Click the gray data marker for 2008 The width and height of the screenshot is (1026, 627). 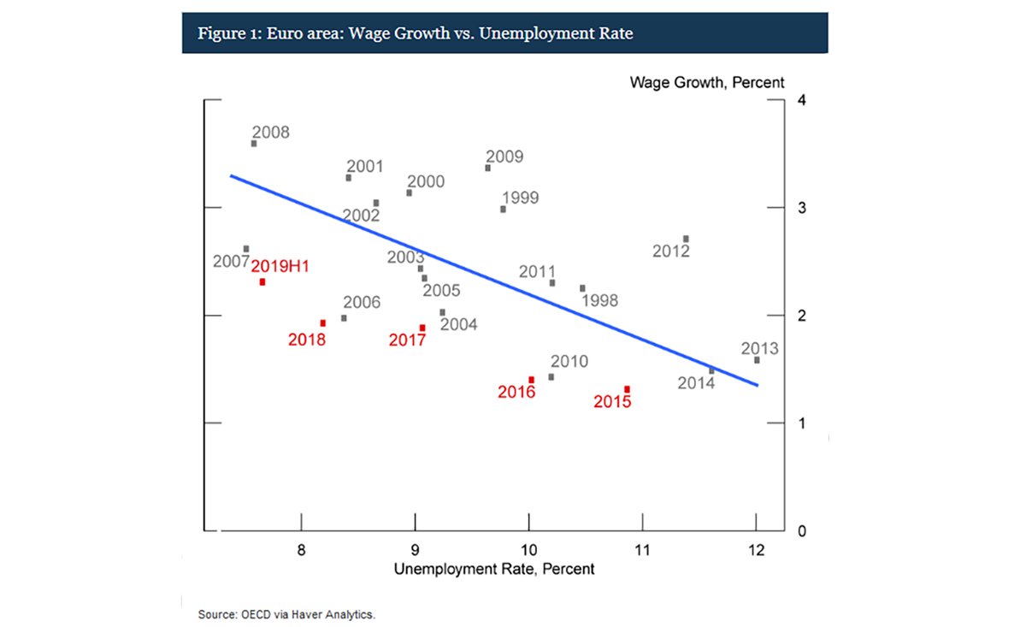[254, 144]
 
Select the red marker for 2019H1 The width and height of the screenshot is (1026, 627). [262, 281]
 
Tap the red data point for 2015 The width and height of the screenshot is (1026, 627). [627, 389]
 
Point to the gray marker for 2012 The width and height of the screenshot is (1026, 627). [686, 239]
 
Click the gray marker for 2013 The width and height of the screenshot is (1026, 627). [757, 360]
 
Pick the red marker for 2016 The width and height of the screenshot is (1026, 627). [531, 380]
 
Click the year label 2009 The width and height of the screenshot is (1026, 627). [504, 157]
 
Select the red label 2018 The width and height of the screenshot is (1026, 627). [306, 340]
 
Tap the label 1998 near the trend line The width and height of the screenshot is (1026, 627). [598, 300]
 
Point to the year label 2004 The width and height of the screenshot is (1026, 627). [458, 324]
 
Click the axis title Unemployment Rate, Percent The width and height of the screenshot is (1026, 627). [494, 568]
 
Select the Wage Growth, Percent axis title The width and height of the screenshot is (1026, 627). [707, 83]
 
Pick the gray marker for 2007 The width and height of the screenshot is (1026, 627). [246, 249]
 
